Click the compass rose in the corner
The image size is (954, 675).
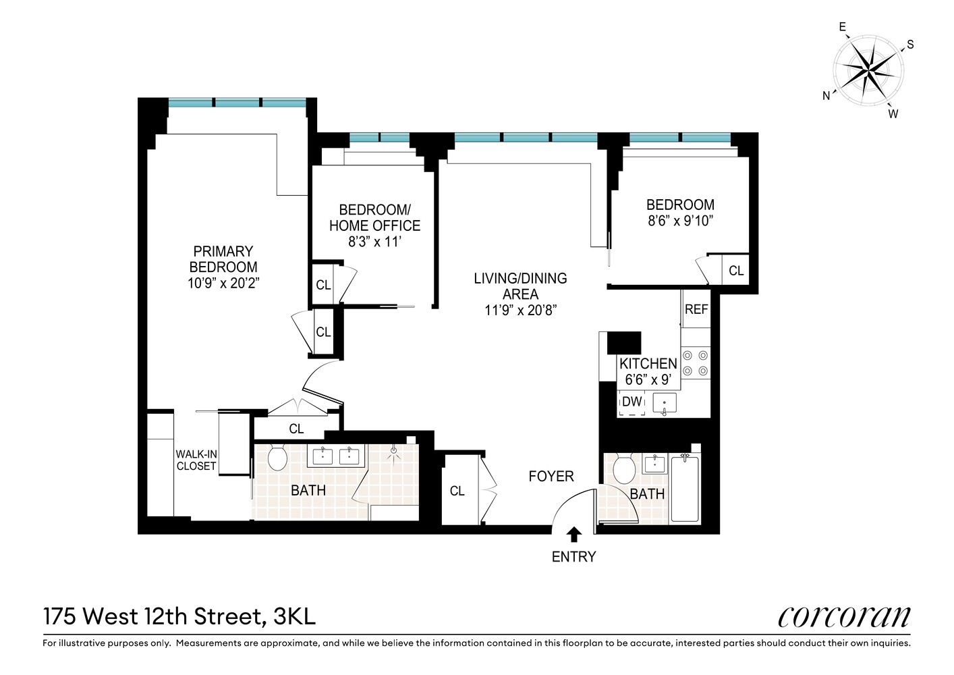coord(868,69)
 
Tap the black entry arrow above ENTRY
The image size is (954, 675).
coord(573,535)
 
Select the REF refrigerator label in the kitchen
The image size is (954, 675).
coord(696,309)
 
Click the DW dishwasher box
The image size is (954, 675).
coord(632,402)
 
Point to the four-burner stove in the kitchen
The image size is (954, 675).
coord(695,362)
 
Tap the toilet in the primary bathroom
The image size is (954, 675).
coord(277,458)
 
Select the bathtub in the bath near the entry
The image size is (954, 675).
coord(685,487)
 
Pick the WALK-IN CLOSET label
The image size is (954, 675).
coord(196,460)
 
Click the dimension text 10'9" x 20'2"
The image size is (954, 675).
coord(223,283)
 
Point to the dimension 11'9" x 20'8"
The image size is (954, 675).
coord(520,310)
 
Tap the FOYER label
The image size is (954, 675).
coord(551,477)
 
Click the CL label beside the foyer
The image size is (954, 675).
coord(457,491)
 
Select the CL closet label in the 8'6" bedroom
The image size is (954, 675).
coord(735,271)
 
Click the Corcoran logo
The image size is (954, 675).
coord(843,616)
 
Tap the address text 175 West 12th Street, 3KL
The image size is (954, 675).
coord(179,616)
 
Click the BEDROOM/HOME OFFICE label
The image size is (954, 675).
coord(374,217)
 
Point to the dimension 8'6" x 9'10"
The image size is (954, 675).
coord(680,221)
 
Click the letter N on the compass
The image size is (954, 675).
coord(826,96)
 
